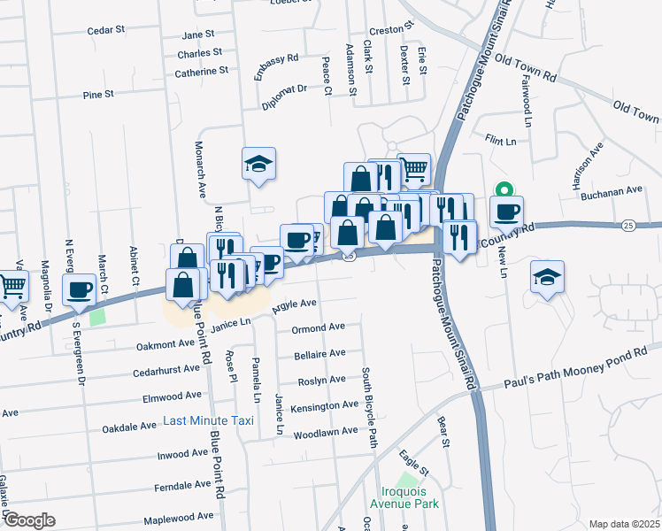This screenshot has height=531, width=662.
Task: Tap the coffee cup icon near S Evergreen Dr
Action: (x=79, y=289)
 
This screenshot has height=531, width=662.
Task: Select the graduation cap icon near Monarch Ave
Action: (x=259, y=163)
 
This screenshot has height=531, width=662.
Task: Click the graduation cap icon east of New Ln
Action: (x=547, y=276)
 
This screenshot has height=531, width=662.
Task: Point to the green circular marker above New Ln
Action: (x=504, y=189)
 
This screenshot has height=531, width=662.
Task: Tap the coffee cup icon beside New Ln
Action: (x=507, y=212)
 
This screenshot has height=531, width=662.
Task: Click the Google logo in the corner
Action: (x=29, y=519)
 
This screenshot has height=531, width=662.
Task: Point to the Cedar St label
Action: (x=105, y=30)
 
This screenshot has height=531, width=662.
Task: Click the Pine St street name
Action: (x=97, y=94)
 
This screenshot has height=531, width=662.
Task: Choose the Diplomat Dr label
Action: (x=283, y=97)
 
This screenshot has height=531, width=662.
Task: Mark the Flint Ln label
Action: (x=500, y=140)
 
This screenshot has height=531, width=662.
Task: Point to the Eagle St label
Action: (x=413, y=463)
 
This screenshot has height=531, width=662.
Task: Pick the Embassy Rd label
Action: (x=276, y=67)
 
